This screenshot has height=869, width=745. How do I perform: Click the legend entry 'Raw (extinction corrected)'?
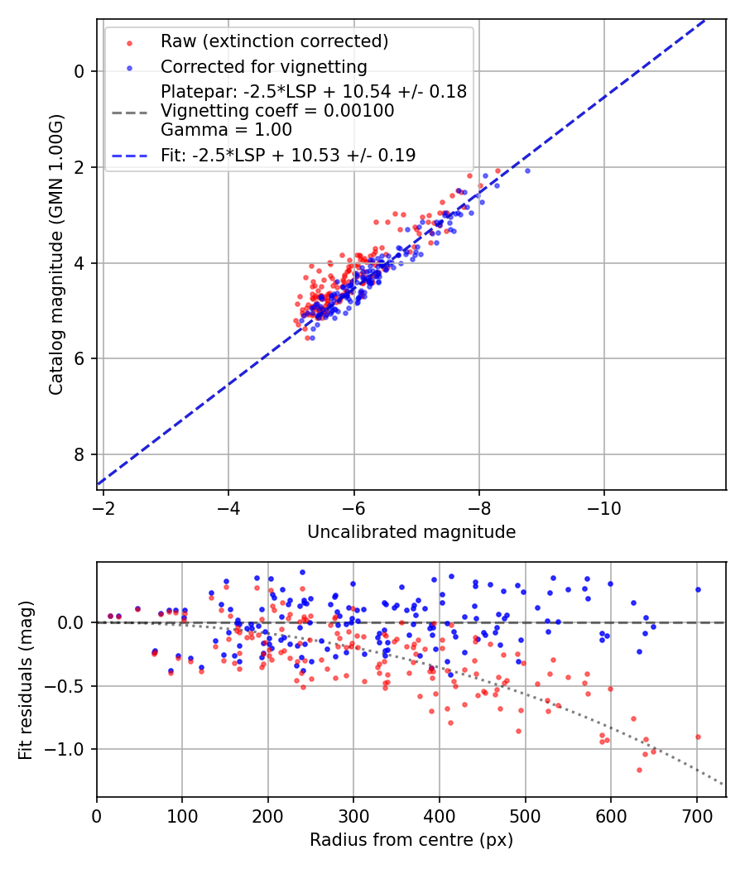274,41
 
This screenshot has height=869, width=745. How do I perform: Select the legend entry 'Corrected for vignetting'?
264,66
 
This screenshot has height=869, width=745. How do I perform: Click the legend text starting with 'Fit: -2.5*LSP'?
288,155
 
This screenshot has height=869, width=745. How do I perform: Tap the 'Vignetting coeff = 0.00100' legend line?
277,111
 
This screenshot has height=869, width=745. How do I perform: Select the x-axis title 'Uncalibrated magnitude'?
411,532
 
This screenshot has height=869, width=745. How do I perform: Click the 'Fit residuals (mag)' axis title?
26,679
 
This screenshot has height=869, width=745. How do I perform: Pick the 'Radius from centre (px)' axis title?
411,840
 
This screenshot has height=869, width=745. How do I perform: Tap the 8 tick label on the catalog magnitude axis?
79,454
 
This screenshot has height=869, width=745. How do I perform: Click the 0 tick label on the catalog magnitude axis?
79,71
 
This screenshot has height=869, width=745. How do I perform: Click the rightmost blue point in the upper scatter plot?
527,170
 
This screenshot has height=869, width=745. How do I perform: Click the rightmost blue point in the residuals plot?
698,589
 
